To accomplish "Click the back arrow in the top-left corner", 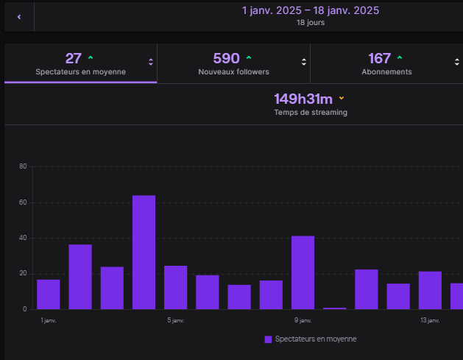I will point(18,16).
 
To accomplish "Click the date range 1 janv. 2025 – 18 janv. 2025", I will point(310,10).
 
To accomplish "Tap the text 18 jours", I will point(310,23).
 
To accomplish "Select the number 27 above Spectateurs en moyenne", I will point(73,58).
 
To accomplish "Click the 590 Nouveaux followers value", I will point(226,58).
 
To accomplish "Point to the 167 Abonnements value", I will point(379,58).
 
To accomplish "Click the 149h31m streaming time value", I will point(303,99).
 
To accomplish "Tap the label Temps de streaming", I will point(311,113).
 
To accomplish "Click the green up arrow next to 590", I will point(249,57).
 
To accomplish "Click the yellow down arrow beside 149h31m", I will point(342,98).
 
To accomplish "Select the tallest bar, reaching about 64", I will point(144,252).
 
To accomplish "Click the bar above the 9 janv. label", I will point(303,272).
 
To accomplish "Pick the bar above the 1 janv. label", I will point(48,294).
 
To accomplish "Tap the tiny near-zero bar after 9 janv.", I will point(334,308).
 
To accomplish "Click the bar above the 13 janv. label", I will point(430,290).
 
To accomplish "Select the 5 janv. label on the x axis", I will point(176,320).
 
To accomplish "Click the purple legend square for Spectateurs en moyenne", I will point(268,339).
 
